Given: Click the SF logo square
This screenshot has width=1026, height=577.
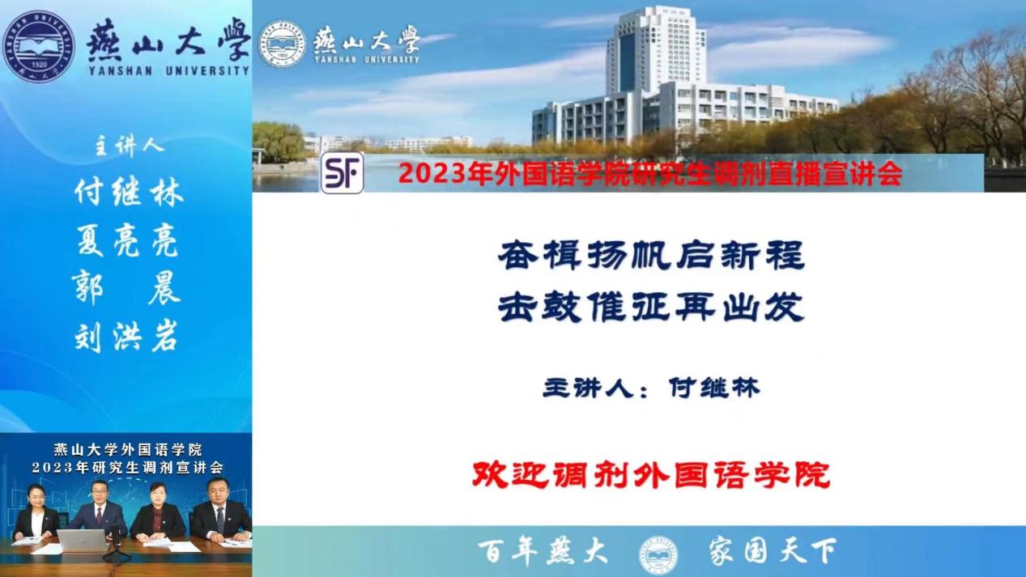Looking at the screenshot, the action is (x=343, y=173).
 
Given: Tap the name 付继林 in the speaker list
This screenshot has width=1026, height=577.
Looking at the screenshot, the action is (x=130, y=192).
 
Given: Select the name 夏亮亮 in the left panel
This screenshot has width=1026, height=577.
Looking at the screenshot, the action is (x=128, y=240).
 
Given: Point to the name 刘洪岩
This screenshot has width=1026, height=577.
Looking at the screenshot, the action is (x=126, y=337).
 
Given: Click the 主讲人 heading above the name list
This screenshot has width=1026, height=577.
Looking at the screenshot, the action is (x=129, y=146).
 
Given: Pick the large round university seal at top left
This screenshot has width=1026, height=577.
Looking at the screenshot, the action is (x=39, y=46).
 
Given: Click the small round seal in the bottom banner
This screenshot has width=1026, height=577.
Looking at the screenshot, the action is (x=658, y=555).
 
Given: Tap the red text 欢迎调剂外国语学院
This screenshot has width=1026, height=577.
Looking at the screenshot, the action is (x=651, y=475).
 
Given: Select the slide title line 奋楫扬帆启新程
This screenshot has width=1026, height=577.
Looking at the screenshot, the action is (x=651, y=255).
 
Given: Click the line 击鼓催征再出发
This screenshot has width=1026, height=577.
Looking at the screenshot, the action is (x=651, y=307).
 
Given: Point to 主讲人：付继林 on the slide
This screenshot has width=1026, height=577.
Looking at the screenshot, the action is (x=651, y=388).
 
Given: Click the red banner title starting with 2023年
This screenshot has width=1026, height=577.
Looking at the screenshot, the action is (x=650, y=174).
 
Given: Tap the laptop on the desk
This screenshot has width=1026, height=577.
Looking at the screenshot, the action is (x=83, y=541).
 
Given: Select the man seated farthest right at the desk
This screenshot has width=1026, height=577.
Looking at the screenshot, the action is (x=220, y=510).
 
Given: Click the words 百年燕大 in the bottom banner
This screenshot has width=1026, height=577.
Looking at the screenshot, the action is (x=543, y=551).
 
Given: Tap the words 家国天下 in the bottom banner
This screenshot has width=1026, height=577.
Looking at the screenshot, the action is (x=773, y=551).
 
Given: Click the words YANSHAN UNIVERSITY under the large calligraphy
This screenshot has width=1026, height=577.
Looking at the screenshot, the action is (x=169, y=71).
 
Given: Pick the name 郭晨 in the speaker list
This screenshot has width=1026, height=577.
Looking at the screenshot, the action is (x=126, y=288).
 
